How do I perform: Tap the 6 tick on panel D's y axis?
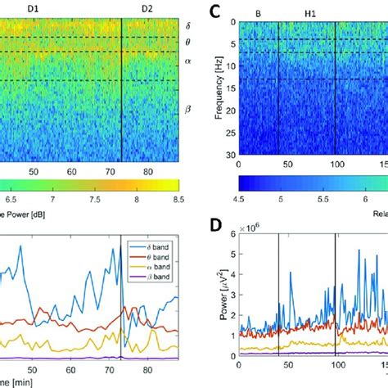(x=233, y=255)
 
